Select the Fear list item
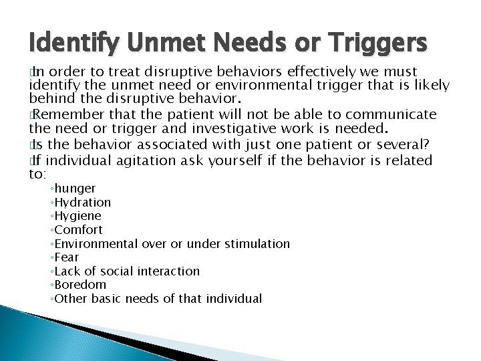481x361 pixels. [x=67, y=257]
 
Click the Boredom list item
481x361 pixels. [x=79, y=285]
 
